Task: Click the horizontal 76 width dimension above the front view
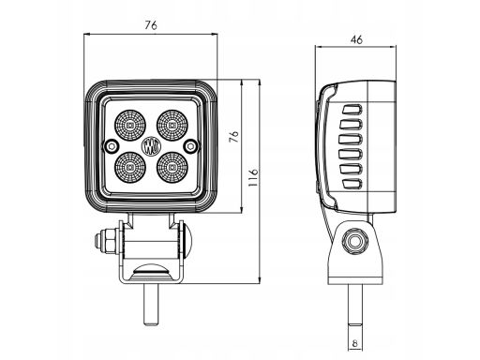tap(151, 25)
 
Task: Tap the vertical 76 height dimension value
tap(233, 137)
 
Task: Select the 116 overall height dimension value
tap(253, 177)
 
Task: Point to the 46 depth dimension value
tap(356, 39)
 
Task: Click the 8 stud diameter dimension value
tap(354, 343)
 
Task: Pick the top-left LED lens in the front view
tap(130, 126)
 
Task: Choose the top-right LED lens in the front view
tap(172, 126)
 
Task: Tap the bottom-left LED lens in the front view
tap(130, 168)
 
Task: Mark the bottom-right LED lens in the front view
tap(172, 168)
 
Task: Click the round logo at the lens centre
tap(151, 146)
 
